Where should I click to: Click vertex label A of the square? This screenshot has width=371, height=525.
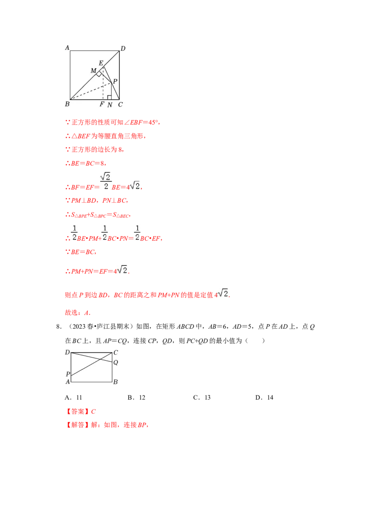pos(67,48)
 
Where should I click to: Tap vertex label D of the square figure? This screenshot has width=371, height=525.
pos(123,49)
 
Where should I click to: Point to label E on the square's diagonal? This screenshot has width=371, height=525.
pos(101,63)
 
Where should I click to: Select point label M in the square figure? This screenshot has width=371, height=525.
pos(93,70)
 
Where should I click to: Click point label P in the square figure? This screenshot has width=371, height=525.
pos(115,81)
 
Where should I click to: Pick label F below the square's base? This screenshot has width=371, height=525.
pos(102,104)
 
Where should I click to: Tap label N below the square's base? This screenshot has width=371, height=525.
pos(110,105)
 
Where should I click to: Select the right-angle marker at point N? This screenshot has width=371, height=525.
pos(109,97)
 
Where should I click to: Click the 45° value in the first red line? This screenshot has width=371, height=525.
pos(153,122)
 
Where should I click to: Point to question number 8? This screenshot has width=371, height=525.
pos(58,327)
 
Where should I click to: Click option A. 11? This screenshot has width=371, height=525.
pos(73,397)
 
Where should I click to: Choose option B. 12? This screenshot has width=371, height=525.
pos(136,397)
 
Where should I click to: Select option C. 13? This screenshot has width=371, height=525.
pos(202,397)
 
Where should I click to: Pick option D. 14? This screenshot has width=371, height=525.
pos(264,397)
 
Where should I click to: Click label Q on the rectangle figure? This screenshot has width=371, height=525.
pos(115,362)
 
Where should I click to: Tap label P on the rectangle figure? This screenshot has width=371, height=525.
pos(68,374)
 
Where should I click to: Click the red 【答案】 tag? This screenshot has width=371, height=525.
pos(78,411)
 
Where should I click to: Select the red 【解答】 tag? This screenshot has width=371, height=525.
pos(78,425)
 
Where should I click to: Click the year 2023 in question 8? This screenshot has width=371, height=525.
pos(79,327)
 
